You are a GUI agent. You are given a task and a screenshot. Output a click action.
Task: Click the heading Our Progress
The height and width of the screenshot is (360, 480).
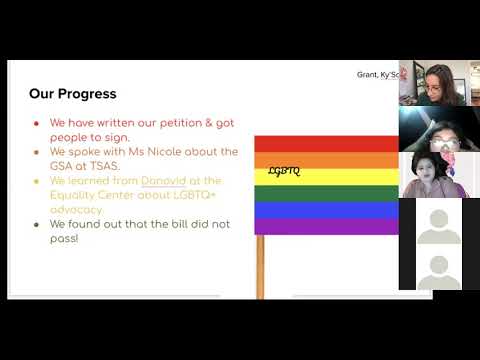click(x=72, y=94)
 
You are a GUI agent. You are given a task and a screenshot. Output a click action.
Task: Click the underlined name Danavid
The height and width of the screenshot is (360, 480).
click(x=165, y=181)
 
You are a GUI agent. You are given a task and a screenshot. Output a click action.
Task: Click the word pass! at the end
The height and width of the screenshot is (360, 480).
click(x=65, y=239)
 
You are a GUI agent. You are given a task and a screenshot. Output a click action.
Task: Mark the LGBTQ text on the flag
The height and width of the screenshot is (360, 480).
click(x=284, y=171)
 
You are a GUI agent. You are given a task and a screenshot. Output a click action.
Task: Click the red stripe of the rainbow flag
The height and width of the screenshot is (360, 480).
click(x=326, y=144)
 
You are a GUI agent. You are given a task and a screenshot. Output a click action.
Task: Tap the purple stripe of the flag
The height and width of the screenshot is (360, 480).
click(x=326, y=226)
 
